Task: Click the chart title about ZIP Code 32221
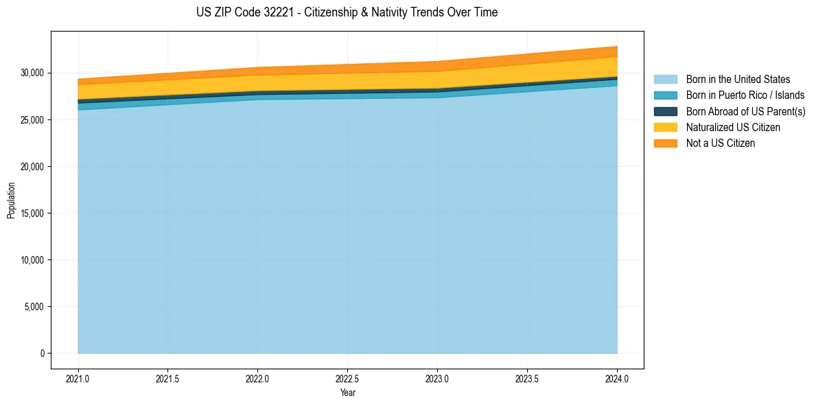[347, 12]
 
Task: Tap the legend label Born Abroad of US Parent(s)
[745, 111]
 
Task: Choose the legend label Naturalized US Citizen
[733, 128]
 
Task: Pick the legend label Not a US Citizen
[721, 143]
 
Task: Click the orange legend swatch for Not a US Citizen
[665, 143]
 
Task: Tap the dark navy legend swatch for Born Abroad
[665, 111]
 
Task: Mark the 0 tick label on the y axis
[41, 354]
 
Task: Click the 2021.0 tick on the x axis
[78, 378]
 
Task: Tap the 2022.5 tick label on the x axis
[347, 378]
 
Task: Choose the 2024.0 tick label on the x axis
[617, 378]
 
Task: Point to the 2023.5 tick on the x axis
[527, 378]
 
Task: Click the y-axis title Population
[11, 200]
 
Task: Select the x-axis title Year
[347, 393]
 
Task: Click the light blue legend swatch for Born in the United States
[665, 80]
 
